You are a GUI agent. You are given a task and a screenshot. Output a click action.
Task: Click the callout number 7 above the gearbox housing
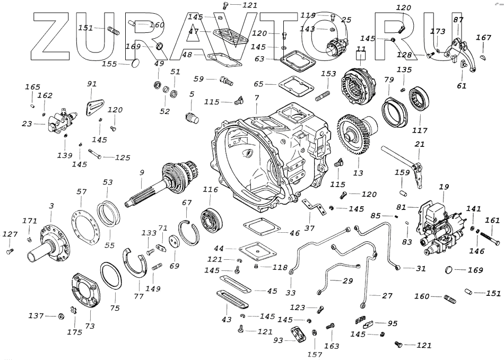point(256,98)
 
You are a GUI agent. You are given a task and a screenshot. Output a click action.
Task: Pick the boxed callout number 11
point(361,51)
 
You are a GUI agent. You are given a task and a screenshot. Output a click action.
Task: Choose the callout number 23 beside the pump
point(27,124)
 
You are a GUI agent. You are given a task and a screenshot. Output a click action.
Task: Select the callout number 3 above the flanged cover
point(51,205)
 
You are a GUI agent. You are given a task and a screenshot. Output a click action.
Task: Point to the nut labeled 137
point(60,316)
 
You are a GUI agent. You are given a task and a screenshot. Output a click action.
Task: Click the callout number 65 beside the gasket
point(258,84)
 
